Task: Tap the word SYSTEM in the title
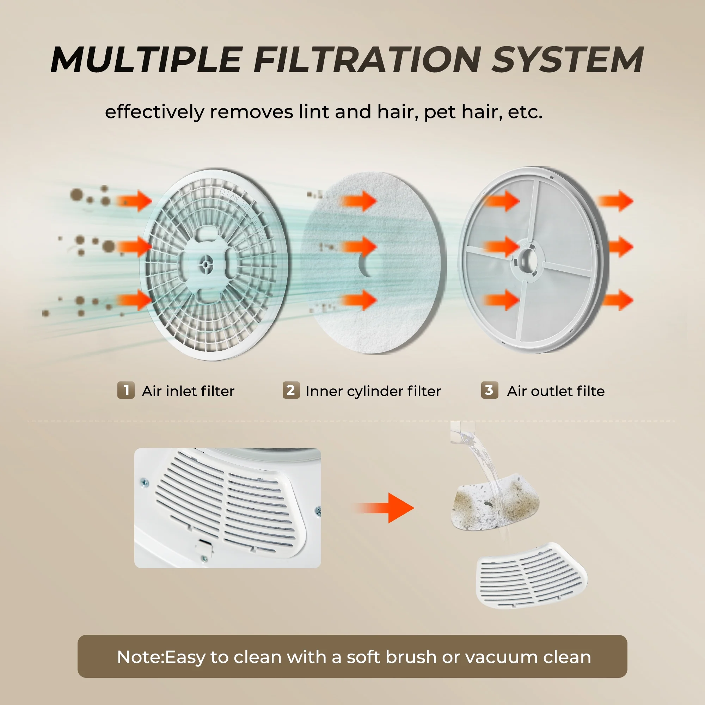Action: (x=568, y=60)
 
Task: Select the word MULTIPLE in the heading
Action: (x=146, y=60)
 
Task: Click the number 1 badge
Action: (x=126, y=391)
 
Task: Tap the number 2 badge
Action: (x=291, y=391)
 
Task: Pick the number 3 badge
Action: (x=489, y=391)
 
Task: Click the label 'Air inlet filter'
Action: (x=188, y=391)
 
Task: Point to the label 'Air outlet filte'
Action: (x=556, y=391)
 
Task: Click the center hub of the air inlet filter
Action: (x=207, y=263)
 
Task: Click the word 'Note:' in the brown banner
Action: (x=141, y=657)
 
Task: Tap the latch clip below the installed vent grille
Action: (x=203, y=546)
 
